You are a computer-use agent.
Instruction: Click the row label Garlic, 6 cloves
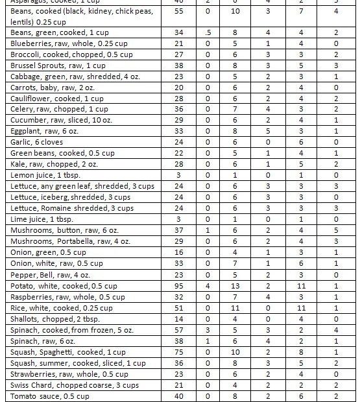(36, 142)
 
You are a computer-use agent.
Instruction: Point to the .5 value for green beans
(207, 32)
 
